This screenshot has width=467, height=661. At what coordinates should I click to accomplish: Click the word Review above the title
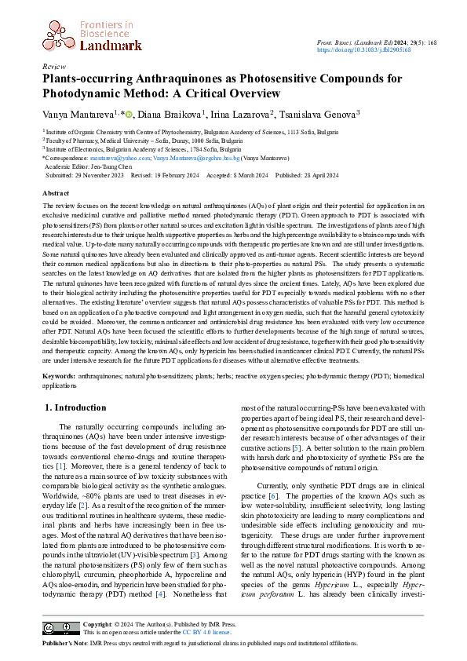point(54,68)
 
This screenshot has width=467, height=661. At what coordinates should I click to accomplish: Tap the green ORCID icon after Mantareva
point(129,114)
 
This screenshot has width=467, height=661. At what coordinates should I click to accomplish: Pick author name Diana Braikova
point(168,115)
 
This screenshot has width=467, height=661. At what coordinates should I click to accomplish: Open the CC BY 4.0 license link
point(208,632)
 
